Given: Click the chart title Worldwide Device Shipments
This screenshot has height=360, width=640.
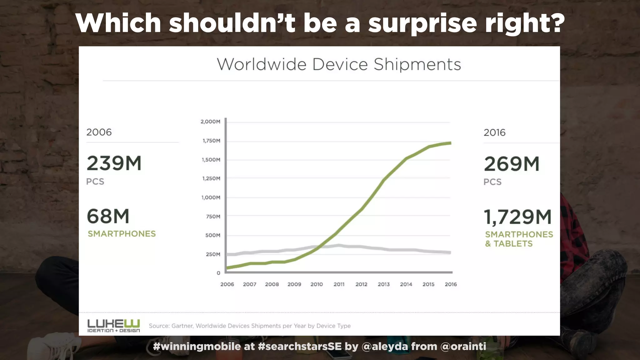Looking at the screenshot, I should (339, 65).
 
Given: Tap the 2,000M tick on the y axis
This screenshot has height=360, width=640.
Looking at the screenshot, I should (210, 122).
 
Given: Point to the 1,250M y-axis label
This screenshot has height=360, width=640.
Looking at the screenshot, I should (211, 178).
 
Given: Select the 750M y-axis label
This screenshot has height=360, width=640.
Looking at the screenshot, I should (213, 217).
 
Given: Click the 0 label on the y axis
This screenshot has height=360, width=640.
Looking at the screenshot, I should (218, 273).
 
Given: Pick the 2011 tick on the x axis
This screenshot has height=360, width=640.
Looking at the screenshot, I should (339, 284).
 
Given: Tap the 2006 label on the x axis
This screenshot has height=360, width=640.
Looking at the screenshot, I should (227, 284).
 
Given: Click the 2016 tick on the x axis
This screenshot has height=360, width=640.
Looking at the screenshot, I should (451, 284).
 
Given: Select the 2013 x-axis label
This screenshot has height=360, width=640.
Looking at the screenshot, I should (383, 284).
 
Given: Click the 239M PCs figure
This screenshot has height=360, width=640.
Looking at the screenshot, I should (114, 163).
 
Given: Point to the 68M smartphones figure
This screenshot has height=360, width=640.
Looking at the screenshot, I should (108, 216).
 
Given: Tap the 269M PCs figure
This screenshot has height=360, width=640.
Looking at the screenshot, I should (512, 164).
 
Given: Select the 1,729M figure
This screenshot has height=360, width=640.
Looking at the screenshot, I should (518, 217).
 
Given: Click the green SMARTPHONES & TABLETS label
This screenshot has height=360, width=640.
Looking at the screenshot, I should (519, 239).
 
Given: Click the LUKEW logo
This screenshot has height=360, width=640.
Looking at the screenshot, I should (113, 326).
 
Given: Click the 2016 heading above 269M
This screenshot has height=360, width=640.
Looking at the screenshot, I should (494, 132).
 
